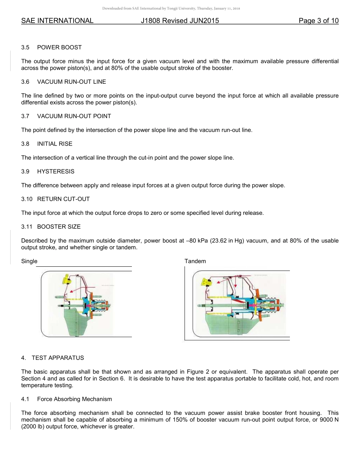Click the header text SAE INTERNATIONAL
[57, 21]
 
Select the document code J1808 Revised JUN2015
[180, 21]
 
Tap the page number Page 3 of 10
[318, 21]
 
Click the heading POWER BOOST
[59, 47]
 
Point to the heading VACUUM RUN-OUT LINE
[72, 82]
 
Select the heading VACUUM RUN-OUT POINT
[74, 116]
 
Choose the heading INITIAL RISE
[55, 144]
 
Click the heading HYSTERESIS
[56, 171]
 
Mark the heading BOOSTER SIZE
[59, 227]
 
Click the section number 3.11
[27, 227]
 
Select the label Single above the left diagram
[29, 261]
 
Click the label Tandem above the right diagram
[195, 261]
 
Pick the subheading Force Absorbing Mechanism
[74, 399]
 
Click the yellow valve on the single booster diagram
[67, 280]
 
